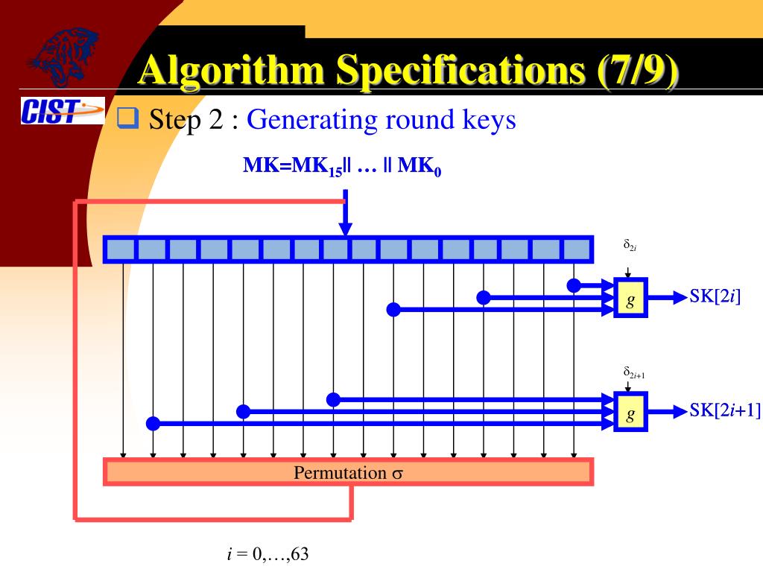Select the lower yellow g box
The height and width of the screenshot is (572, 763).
pyautogui.click(x=630, y=412)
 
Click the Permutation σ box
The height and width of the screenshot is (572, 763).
pyautogui.click(x=348, y=472)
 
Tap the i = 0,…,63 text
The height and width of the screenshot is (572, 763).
pyautogui.click(x=267, y=555)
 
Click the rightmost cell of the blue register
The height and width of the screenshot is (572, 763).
pyautogui.click(x=576, y=250)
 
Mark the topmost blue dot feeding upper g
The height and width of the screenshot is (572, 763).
pyautogui.click(x=574, y=285)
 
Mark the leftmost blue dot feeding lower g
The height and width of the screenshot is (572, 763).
pyautogui.click(x=153, y=424)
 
